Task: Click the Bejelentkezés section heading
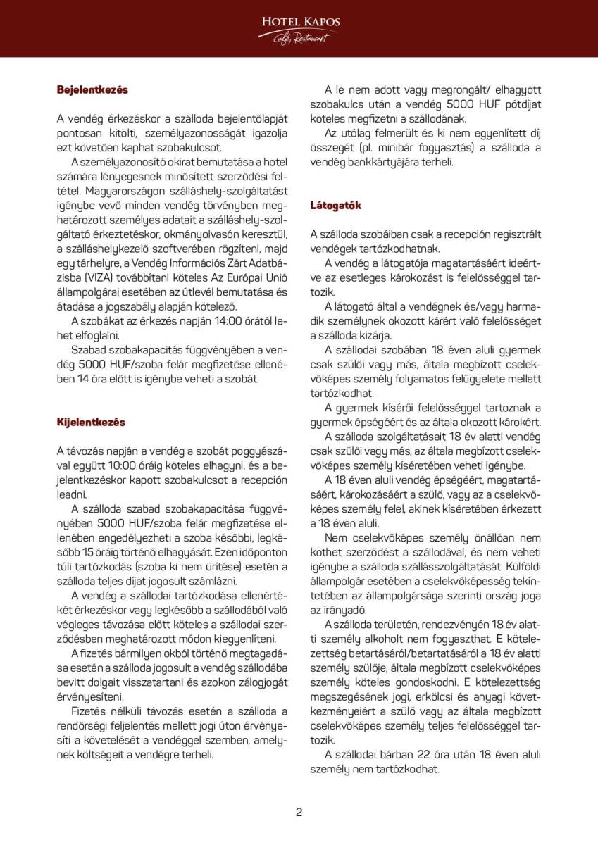[92, 90]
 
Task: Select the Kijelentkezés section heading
[91, 422]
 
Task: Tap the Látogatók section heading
[335, 206]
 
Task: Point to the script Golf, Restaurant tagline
[301, 37]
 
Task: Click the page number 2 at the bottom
[299, 812]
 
